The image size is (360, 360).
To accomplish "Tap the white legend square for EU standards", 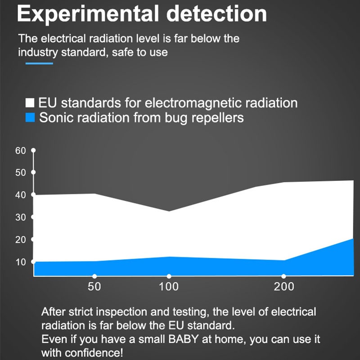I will point(30,102).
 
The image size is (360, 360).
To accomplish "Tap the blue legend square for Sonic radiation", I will point(30,118).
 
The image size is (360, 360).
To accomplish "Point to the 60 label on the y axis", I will point(21,151).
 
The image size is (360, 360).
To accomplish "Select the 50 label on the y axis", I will point(21,173).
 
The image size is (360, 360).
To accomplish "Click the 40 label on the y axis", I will point(21,195).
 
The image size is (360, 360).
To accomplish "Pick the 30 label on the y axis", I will point(21,217).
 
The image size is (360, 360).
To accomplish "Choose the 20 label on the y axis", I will point(21,239).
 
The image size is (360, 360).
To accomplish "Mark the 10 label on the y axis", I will point(21,262).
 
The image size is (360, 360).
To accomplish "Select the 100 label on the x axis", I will point(169,287).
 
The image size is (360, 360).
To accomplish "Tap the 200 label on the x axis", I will point(284,287).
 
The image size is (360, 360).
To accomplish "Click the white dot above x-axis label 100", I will point(169,276).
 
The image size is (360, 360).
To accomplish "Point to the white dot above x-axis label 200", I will point(283,276).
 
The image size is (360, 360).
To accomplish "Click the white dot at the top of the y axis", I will point(33,150).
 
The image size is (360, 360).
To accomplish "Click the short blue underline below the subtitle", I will point(39,63).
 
